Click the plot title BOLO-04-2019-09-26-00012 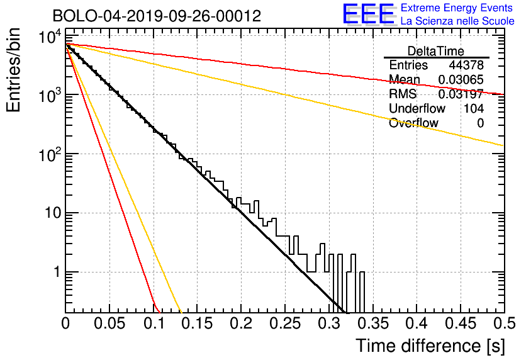[x=157, y=16]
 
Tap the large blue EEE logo [x=369, y=14]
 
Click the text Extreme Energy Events [x=457, y=8]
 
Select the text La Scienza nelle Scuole [x=457, y=21]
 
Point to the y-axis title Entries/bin [x=13, y=70]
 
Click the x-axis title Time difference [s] [x=430, y=346]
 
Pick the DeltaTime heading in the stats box [x=436, y=51]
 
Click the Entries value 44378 [x=466, y=65]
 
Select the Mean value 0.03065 [x=461, y=79]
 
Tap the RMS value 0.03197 [x=461, y=94]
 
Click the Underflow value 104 [x=474, y=108]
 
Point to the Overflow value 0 [x=480, y=123]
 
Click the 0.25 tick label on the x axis [x=285, y=323]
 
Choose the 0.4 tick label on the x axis [x=417, y=323]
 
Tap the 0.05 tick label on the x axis [x=109, y=323]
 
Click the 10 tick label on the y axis [x=53, y=213]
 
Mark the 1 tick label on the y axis [x=57, y=272]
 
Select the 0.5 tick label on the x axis [x=504, y=323]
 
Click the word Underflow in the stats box [x=417, y=108]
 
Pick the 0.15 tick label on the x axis [x=198, y=323]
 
